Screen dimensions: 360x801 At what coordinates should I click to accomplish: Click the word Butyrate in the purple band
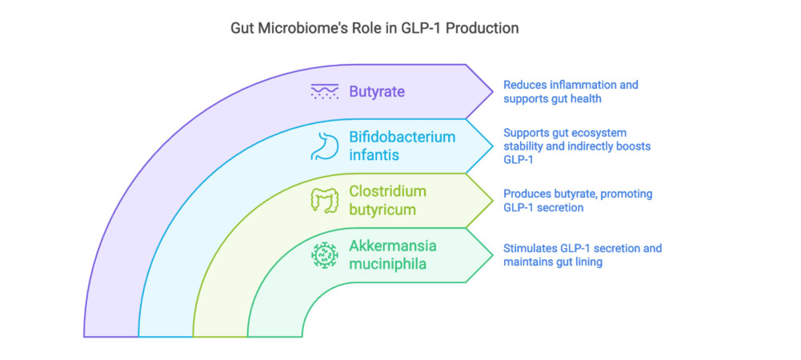(x=376, y=91)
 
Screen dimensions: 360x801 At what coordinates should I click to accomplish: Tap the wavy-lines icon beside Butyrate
(x=324, y=91)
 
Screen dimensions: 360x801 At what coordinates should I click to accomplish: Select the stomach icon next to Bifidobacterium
(x=324, y=146)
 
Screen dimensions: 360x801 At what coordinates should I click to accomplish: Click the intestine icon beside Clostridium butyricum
(x=324, y=200)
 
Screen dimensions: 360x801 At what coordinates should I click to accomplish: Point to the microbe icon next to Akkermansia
(x=324, y=255)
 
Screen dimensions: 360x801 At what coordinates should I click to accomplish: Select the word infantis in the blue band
(x=373, y=154)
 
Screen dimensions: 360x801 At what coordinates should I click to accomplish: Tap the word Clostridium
(x=388, y=191)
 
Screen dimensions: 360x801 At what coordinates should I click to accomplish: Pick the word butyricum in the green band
(x=382, y=210)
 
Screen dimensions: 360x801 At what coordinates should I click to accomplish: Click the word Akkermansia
(x=393, y=246)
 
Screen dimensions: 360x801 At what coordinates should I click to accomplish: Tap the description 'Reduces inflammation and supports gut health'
(x=570, y=91)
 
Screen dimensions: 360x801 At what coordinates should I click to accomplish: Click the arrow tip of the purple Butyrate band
(x=491, y=91)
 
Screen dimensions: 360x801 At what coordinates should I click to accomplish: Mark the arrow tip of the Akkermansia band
(x=491, y=255)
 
